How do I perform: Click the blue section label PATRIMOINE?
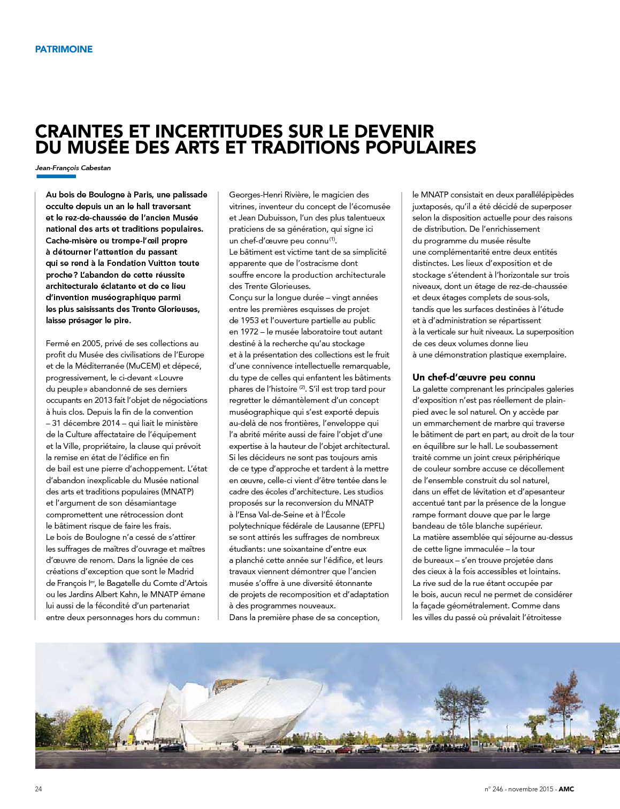coord(64,49)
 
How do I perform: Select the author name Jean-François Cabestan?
coord(73,168)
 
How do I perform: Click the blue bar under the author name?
coord(56,177)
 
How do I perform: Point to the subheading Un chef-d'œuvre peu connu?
coord(473,377)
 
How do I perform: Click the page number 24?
coord(39,789)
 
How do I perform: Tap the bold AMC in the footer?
coord(567,789)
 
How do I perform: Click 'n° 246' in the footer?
coord(494,789)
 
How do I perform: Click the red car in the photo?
coord(344,750)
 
